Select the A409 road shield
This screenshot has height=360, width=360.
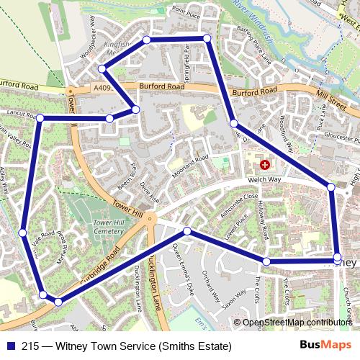pos(102,88)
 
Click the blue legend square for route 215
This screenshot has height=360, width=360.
pos(10,346)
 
